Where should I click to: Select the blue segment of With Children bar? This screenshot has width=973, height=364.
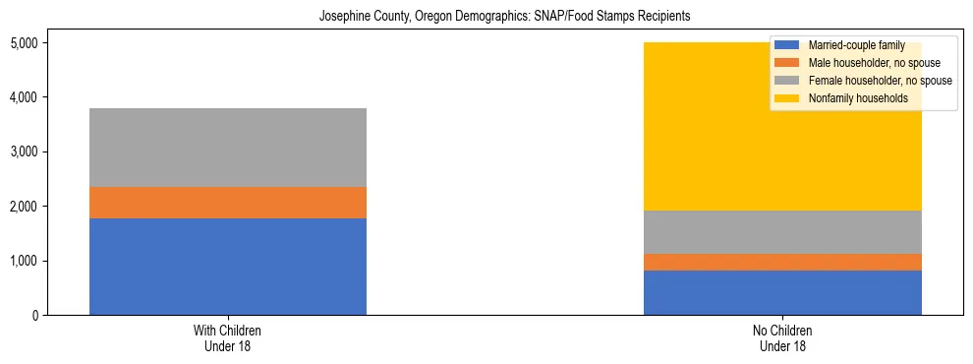228,266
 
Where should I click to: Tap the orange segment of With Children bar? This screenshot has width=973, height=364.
228,202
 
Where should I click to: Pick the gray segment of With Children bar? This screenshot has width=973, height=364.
228,148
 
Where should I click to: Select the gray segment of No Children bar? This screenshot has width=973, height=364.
782,232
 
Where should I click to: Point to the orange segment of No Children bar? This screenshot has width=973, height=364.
782,262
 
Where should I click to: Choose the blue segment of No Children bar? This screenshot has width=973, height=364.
782,292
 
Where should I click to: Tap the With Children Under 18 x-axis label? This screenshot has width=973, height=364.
228,338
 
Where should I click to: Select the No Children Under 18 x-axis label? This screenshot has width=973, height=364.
782,338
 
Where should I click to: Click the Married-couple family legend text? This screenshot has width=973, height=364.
850,45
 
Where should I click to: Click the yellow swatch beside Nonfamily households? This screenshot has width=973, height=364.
788,98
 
